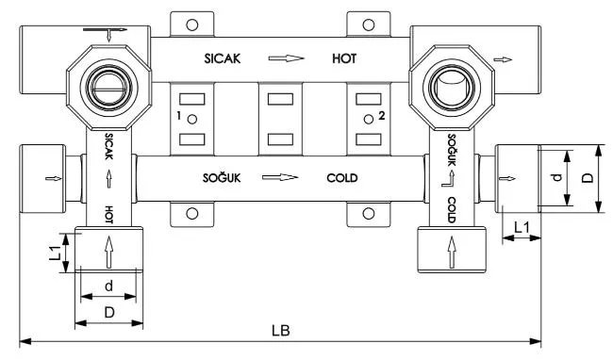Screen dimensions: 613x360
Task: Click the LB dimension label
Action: coord(281,331)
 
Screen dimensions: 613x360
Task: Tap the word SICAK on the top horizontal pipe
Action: coord(222,59)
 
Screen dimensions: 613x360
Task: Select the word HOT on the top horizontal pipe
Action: coord(344,58)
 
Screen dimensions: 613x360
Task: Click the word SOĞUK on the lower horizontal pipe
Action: coord(222,178)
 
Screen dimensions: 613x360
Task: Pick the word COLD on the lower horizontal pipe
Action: coord(342,178)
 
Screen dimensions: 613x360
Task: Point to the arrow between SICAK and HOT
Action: coord(286,58)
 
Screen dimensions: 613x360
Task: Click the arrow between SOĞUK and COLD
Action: coord(280,178)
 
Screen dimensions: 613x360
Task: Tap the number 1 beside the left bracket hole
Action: coord(179,116)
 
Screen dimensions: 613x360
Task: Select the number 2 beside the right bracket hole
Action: coord(382,116)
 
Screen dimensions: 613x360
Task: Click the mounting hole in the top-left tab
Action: coord(192,25)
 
